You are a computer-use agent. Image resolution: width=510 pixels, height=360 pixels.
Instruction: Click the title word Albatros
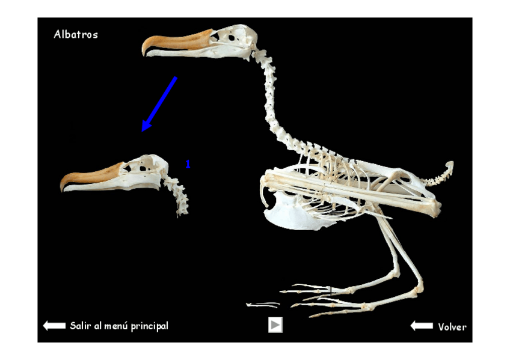coord(76,35)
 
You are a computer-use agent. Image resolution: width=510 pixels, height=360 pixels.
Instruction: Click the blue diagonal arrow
coord(159,103)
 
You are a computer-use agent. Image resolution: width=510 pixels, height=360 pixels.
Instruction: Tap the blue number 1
coord(188,164)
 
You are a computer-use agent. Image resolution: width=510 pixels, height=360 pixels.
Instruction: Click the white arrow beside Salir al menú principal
coord(54,326)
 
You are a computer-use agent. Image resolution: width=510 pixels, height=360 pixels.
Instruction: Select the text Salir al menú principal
coord(119,326)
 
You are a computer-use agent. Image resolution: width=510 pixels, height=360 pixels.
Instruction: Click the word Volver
coord(452,327)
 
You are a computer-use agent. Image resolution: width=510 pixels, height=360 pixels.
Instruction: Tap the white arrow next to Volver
coord(422,326)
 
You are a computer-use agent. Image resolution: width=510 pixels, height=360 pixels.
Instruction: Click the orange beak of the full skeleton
coord(177,43)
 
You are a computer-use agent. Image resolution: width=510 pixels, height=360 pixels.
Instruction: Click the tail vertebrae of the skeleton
coord(441,175)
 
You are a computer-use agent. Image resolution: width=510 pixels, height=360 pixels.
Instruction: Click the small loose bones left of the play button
coord(263,305)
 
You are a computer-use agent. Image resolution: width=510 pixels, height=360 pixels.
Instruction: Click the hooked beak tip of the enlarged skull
coord(64,186)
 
